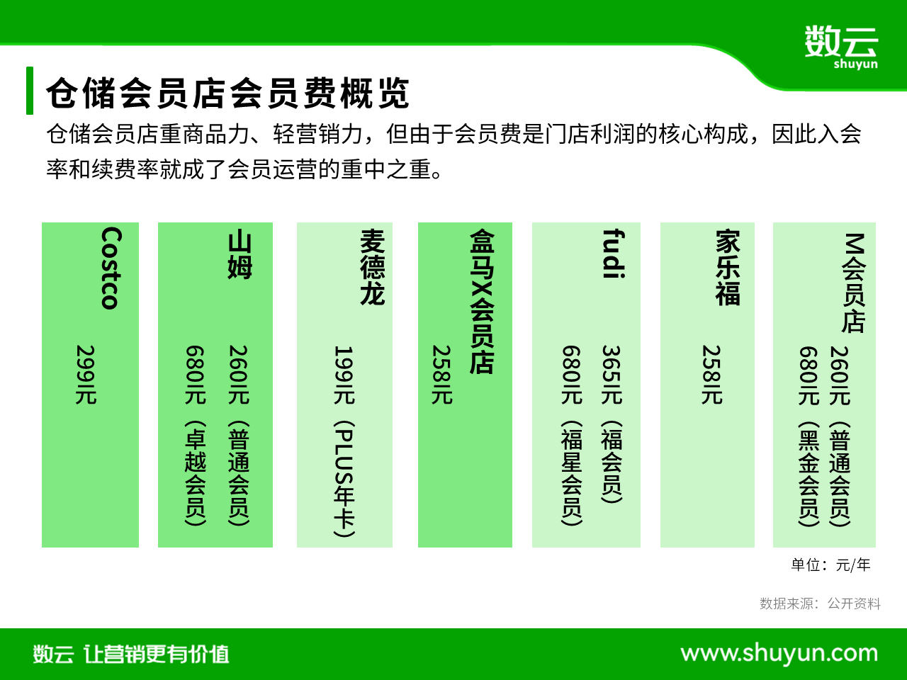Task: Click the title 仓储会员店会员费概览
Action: [x=227, y=93]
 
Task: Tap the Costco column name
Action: [x=111, y=268]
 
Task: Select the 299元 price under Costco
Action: [x=86, y=375]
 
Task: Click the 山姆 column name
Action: [x=240, y=255]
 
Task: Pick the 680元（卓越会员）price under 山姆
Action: [x=196, y=435]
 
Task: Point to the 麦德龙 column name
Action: [x=372, y=267]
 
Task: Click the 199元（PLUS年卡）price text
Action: [x=344, y=441]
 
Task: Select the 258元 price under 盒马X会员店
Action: [x=441, y=375]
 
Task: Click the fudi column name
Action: [x=614, y=254]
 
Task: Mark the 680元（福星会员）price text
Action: [x=572, y=435]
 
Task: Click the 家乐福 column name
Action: [x=728, y=268]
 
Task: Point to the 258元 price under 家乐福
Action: [x=711, y=375]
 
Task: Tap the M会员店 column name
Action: [x=854, y=283]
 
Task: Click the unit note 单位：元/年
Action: [x=830, y=565]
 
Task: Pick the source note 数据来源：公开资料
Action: [x=820, y=603]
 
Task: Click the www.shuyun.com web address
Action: [x=779, y=654]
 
